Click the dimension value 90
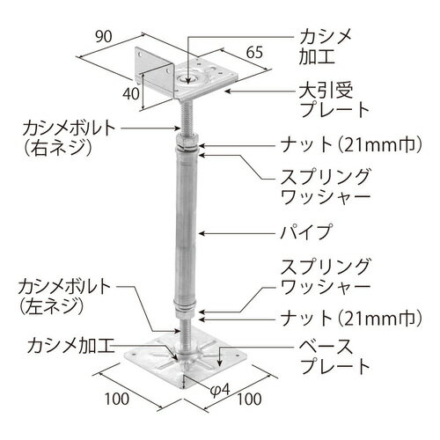(x=104, y=37)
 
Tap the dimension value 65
(x=254, y=53)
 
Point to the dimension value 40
(x=131, y=94)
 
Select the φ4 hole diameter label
(x=220, y=390)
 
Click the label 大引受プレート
(x=334, y=100)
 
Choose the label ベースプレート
(x=334, y=356)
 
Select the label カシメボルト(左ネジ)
(x=64, y=297)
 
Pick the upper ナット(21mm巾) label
(x=351, y=144)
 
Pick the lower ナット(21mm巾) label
(x=351, y=319)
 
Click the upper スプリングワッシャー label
(x=326, y=187)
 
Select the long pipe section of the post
(x=186, y=227)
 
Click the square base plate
(x=186, y=360)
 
